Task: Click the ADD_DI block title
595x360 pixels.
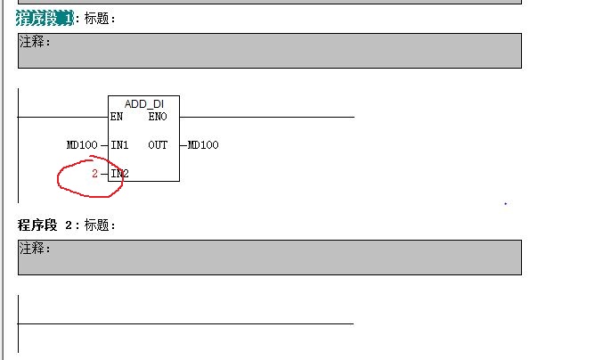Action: [x=143, y=104]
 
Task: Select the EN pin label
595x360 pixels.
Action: [x=117, y=117]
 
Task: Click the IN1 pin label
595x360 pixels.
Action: [x=119, y=145]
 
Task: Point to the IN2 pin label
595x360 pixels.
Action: [x=119, y=174]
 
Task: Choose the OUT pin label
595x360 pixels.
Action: [x=158, y=145]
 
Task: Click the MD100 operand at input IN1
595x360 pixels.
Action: [x=82, y=145]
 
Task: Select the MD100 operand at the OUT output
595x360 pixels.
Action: [x=203, y=145]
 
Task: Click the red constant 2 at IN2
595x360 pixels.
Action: [x=94, y=174]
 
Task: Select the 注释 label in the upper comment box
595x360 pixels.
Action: [x=35, y=42]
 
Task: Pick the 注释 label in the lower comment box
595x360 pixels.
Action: [x=35, y=249]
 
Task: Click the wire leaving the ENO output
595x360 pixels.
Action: [x=267, y=117]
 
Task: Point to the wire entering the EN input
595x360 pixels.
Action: [x=62, y=117]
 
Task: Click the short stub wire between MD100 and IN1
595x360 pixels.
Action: [x=103, y=145]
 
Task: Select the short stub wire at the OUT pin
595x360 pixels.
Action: [x=183, y=145]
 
